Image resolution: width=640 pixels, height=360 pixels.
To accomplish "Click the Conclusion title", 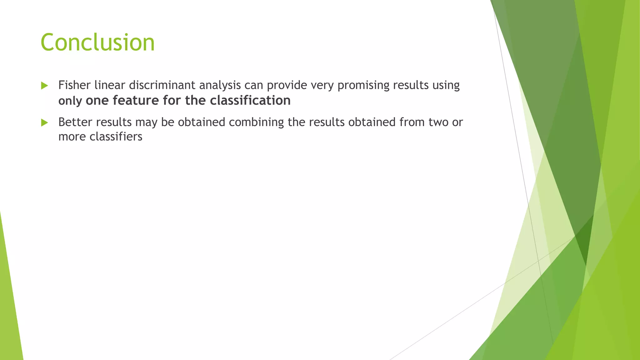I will (x=97, y=42).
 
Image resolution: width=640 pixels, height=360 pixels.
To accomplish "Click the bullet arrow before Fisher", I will (x=44, y=86).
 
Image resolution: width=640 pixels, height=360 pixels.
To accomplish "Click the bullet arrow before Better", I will (x=44, y=122).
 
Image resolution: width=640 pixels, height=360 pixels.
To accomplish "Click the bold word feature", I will (x=136, y=100).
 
